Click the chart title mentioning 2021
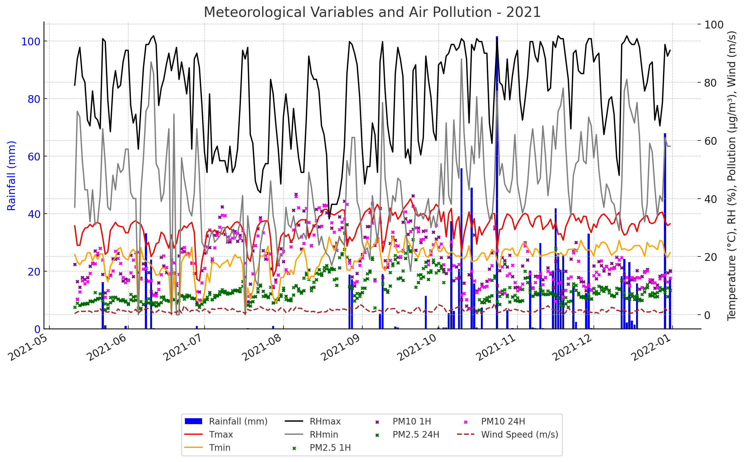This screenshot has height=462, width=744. tap(372, 13)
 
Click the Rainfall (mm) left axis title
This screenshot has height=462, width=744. tap(11, 176)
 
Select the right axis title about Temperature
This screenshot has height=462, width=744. tap(731, 176)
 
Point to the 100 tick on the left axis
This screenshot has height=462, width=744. tap(31, 42)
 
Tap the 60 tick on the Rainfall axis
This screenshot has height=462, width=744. tap(34, 157)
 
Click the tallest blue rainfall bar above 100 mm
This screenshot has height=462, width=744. tap(497, 181)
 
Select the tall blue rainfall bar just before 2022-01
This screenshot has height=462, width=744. tap(665, 231)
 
